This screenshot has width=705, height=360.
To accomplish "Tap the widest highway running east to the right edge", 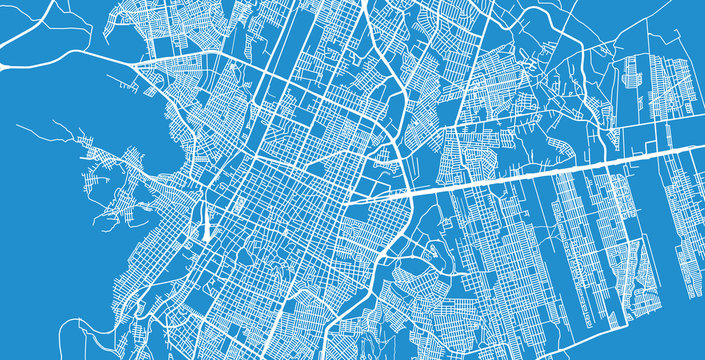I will (x=560, y=170).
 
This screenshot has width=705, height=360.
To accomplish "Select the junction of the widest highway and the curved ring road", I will (x=409, y=192).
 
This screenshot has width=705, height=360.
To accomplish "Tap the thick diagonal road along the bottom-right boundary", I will (x=560, y=320).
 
